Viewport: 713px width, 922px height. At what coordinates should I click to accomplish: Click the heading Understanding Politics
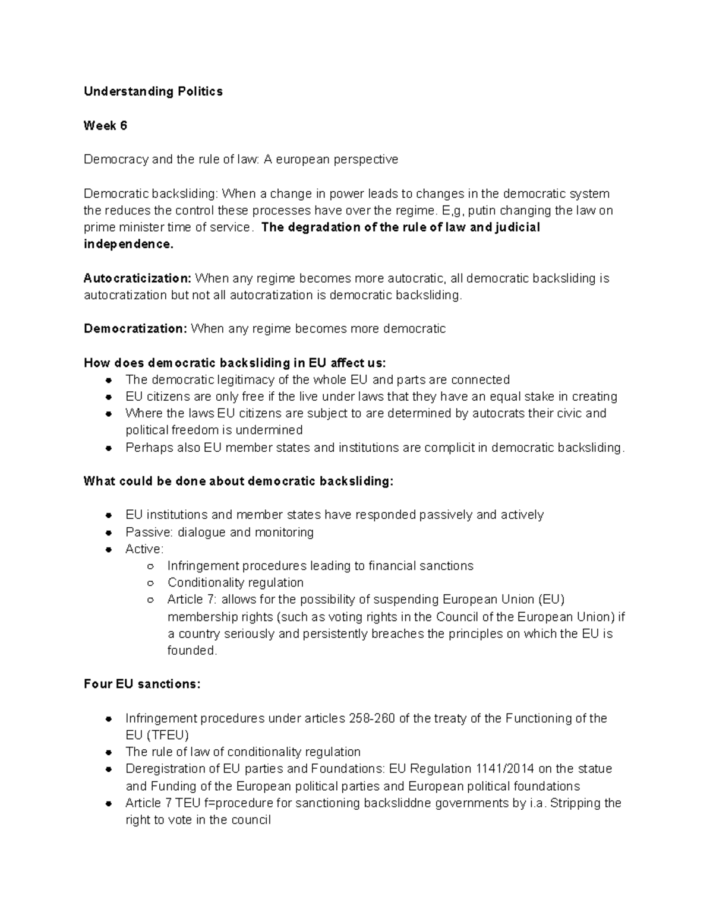click(x=153, y=91)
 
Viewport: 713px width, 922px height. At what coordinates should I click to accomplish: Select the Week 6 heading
click(x=105, y=126)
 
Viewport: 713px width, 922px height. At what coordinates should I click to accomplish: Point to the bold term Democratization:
click(x=135, y=329)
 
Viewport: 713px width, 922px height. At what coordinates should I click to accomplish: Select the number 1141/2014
click(x=504, y=769)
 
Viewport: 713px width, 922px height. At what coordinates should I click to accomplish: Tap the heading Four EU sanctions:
click(x=142, y=685)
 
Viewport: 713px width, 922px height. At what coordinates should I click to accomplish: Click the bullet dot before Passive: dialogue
click(x=108, y=533)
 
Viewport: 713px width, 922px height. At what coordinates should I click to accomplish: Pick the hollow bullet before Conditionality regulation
click(x=151, y=583)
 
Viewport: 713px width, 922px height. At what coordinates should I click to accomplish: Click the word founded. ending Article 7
click(x=193, y=651)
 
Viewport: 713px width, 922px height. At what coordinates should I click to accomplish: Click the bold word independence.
click(x=128, y=245)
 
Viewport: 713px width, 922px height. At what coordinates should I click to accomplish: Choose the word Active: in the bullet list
click(x=144, y=549)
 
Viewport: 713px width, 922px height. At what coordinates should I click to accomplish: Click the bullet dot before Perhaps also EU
click(x=108, y=448)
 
